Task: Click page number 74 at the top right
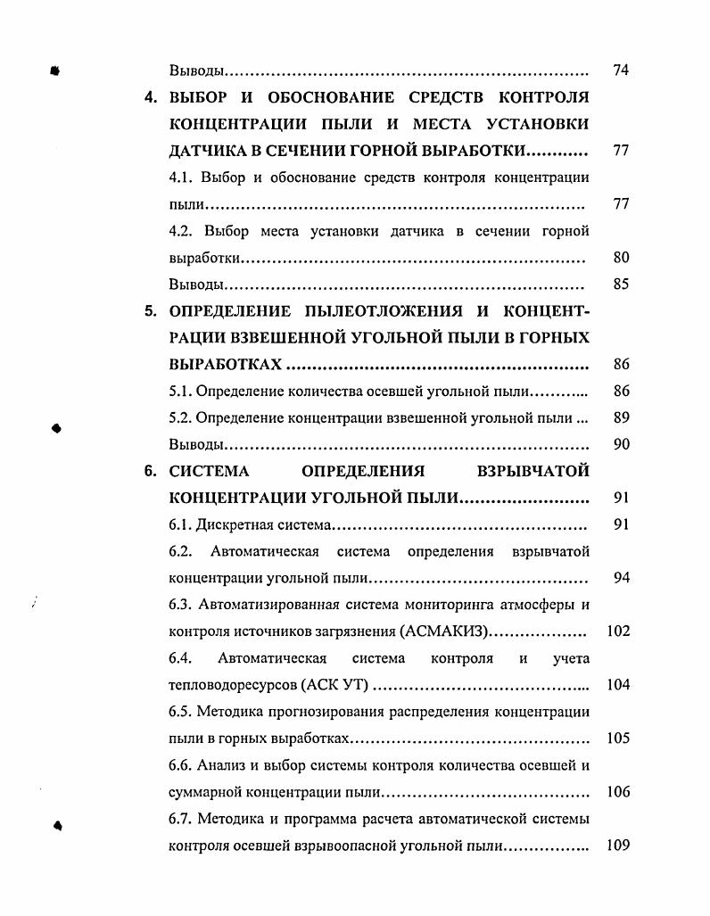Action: click(x=621, y=70)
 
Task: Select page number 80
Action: click(x=621, y=258)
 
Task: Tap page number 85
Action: click(x=621, y=285)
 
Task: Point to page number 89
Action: click(x=621, y=417)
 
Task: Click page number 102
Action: click(x=617, y=631)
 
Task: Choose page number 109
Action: click(x=617, y=846)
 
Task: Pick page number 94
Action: click(x=621, y=578)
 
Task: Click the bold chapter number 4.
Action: click(x=151, y=97)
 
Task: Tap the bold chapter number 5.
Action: click(x=151, y=311)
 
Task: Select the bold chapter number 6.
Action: click(x=151, y=471)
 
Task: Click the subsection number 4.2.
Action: click(x=181, y=231)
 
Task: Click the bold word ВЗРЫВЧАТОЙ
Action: click(x=528, y=471)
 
